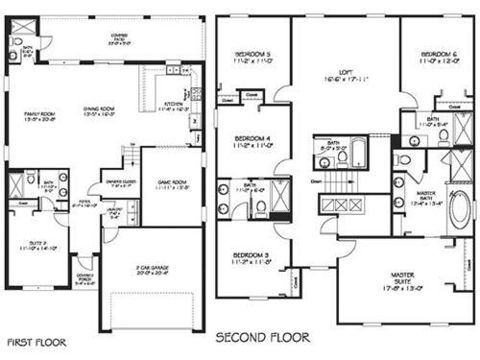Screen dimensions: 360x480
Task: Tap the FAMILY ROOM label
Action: [41, 115]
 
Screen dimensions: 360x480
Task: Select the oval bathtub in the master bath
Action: [460, 207]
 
